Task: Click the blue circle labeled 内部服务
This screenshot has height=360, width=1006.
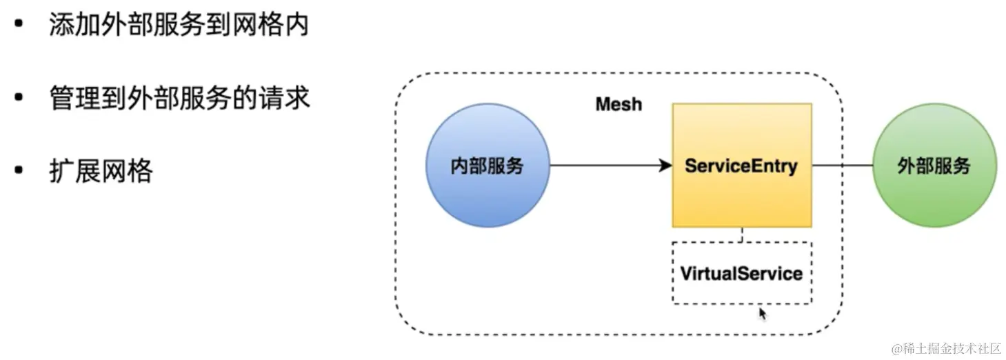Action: click(487, 166)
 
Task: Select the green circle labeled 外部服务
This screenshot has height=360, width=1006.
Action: click(934, 166)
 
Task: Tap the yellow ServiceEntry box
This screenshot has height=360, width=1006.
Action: click(742, 166)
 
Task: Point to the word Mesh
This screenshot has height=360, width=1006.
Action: click(618, 104)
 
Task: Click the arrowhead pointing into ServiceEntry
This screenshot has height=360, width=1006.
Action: click(665, 166)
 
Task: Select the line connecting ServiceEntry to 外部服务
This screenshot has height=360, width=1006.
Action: click(843, 166)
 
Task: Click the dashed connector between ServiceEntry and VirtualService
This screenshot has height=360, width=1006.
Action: click(742, 234)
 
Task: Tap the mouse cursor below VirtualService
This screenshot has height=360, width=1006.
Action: click(762, 314)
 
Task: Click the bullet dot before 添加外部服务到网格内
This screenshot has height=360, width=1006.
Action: click(19, 23)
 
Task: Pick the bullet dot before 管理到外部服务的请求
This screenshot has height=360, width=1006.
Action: click(19, 97)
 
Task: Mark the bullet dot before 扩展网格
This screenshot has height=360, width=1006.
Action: click(19, 170)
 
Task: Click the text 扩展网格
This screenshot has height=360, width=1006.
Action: click(101, 171)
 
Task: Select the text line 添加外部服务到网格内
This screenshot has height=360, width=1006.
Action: click(179, 24)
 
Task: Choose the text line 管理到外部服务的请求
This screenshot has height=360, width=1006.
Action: click(180, 97)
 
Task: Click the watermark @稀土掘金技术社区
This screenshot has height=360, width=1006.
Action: click(947, 348)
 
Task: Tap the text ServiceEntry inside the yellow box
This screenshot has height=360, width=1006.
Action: click(741, 166)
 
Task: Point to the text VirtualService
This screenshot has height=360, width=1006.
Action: click(741, 274)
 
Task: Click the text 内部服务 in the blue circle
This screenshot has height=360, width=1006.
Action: click(487, 166)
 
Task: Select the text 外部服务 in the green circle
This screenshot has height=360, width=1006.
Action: click(934, 166)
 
